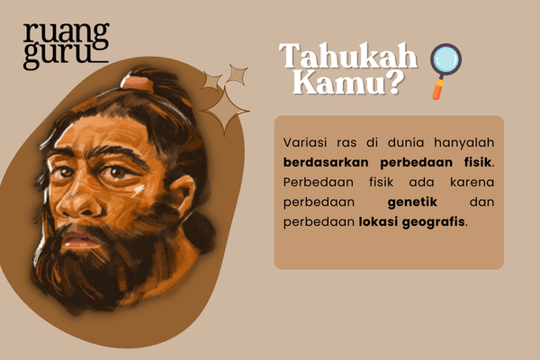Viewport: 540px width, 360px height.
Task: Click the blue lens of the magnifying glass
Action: (x=445, y=60)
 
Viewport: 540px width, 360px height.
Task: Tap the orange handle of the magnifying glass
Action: (x=437, y=89)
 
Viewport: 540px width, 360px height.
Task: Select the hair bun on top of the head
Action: (x=138, y=82)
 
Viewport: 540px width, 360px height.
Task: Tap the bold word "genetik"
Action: (x=412, y=202)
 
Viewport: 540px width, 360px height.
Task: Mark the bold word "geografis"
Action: (x=436, y=221)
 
